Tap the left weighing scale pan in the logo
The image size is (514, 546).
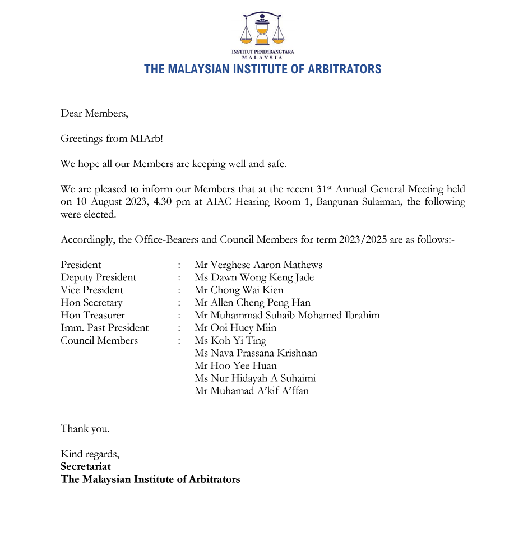(246, 40)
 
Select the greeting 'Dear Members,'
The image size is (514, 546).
(94, 113)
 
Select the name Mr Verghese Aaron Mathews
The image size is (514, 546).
(258, 265)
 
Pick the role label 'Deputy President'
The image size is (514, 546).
(98, 277)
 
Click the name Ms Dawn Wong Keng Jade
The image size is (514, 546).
(254, 277)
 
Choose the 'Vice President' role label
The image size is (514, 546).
(92, 290)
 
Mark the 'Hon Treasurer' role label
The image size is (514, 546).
(92, 315)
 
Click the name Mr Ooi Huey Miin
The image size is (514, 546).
(235, 328)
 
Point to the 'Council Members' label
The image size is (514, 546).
(99, 340)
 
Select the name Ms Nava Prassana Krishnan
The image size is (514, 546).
(256, 353)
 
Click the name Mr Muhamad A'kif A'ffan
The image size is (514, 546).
(251, 391)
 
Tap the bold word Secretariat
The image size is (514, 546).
(86, 466)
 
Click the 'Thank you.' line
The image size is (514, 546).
(85, 429)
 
